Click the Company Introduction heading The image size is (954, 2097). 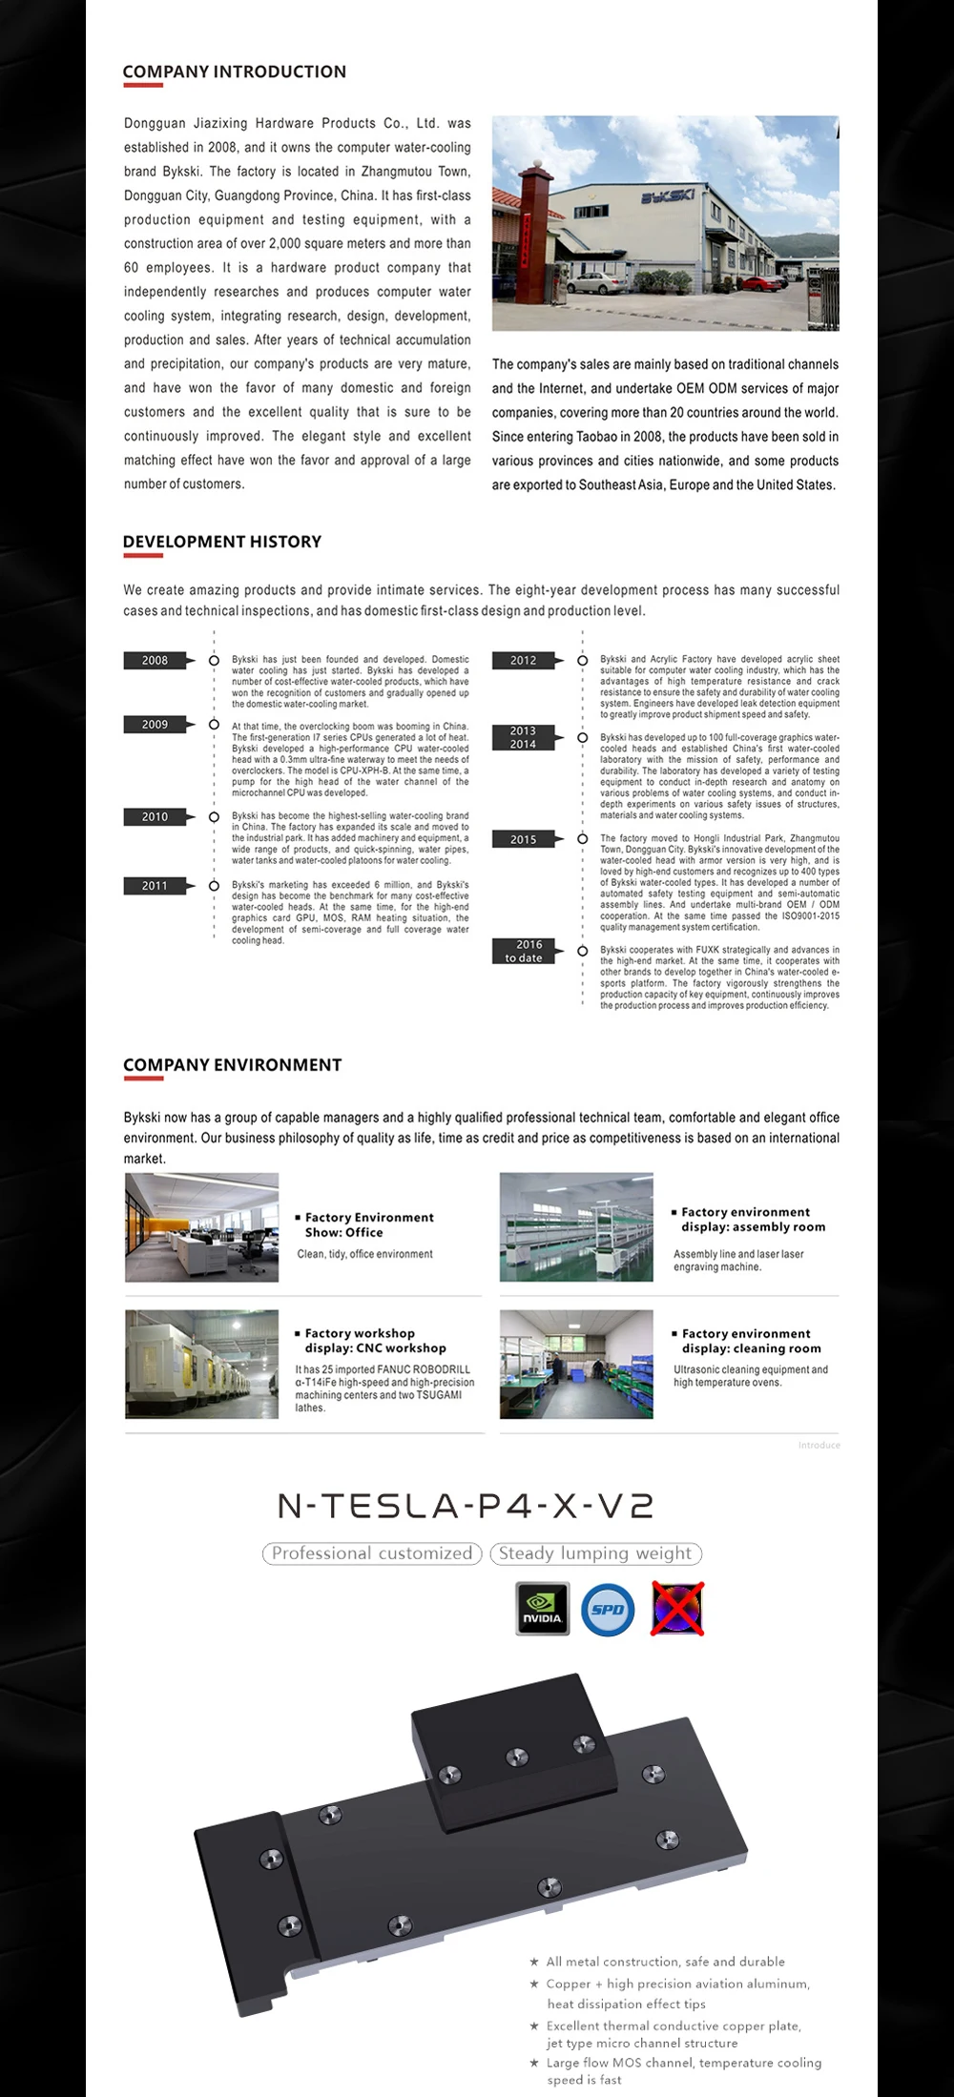coord(234,72)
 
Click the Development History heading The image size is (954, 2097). coord(222,542)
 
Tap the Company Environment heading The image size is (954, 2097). coord(232,1065)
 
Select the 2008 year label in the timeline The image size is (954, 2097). coord(155,661)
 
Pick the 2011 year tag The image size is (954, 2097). coord(155,886)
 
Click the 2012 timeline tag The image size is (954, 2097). coord(523,661)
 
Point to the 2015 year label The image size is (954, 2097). coord(523,840)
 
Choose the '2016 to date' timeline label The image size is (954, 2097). coord(524,952)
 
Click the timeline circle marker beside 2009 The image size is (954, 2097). coord(214,725)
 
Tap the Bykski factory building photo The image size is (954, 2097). coord(665,223)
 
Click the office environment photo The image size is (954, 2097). coord(201,1227)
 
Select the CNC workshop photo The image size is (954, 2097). coord(201,1364)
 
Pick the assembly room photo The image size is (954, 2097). coord(576,1227)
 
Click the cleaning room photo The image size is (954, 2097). coord(576,1364)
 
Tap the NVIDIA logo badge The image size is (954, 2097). coord(542,1609)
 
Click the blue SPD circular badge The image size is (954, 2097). coord(608,1609)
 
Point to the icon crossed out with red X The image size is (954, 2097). coord(677,1609)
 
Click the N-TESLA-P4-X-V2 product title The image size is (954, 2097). coord(466,1506)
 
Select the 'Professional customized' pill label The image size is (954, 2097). coord(372,1553)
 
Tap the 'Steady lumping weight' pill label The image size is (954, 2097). coord(595,1553)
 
